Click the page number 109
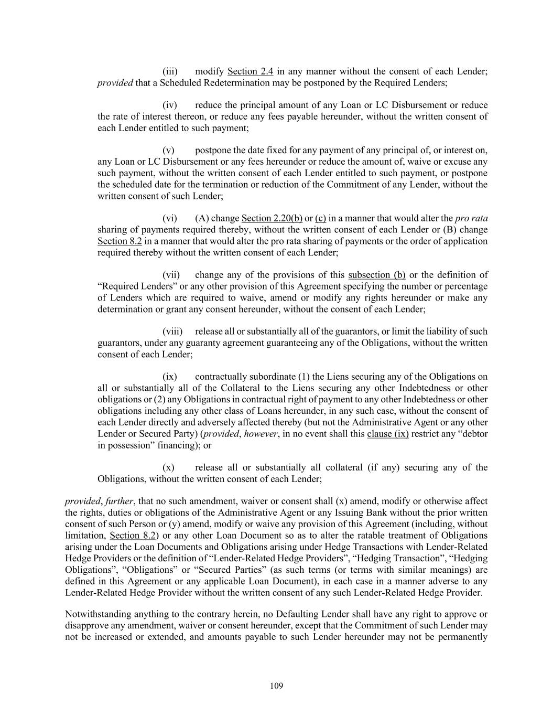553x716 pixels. point(277,686)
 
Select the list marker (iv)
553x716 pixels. point(170,105)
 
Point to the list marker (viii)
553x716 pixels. point(172,332)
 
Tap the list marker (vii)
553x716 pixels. point(171,275)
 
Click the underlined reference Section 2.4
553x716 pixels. point(250,71)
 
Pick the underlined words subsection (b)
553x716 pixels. point(376,275)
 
